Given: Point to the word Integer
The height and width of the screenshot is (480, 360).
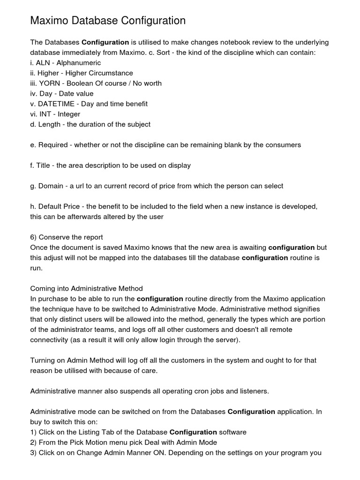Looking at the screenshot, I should click(69, 114).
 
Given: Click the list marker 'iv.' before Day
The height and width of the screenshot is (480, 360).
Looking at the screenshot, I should click(34, 94).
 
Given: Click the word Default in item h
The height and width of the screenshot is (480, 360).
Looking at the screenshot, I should click(52, 207).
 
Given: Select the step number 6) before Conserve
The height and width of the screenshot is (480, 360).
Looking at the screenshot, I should click(34, 237).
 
